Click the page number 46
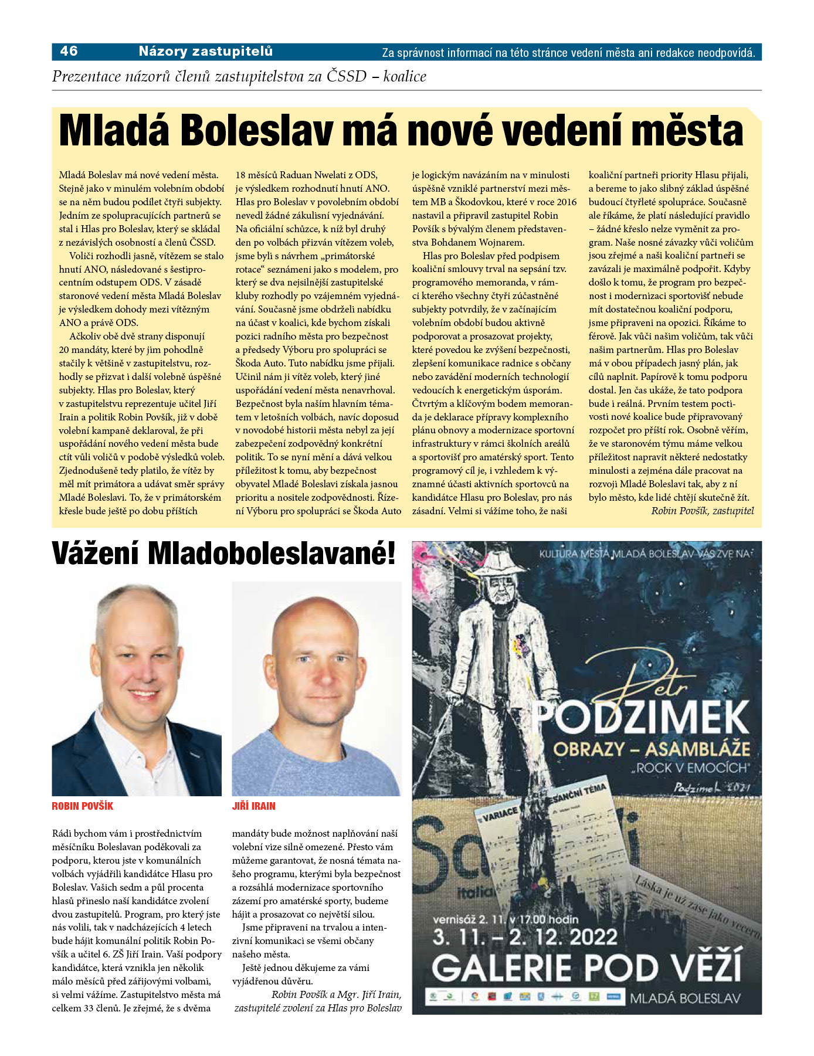[69, 52]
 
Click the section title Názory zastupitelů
[205, 52]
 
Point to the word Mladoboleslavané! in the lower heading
[272, 554]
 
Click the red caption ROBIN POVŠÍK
[82, 806]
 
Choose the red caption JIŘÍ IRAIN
[253, 806]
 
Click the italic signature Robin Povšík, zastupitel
[702, 511]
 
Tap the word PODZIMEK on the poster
[641, 718]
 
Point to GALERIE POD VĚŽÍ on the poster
[586, 968]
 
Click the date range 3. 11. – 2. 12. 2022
[525, 937]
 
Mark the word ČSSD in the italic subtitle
[346, 76]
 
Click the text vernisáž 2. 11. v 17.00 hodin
[506, 919]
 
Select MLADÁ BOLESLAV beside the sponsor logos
[685, 999]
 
